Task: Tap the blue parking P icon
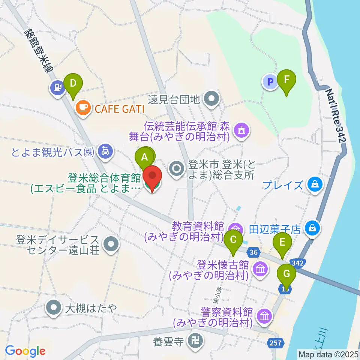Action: [x=270, y=82]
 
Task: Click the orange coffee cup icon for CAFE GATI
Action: [x=82, y=108]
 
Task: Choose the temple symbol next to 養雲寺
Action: [x=196, y=341]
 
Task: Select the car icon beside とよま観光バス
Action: [x=104, y=151]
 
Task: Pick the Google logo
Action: [x=25, y=351]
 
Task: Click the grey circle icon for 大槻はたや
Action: [x=54, y=307]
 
